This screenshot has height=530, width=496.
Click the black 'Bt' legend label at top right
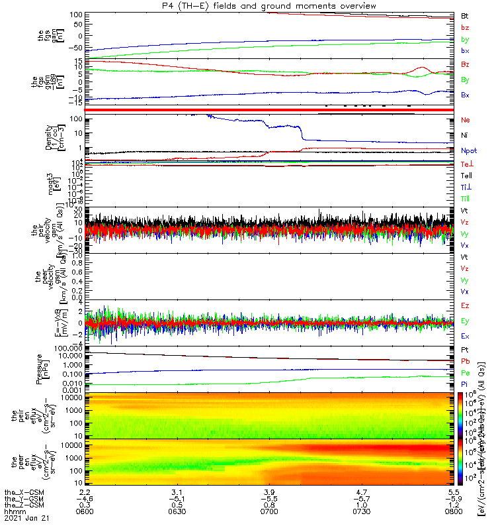[465, 15]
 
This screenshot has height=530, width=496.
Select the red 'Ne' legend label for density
[465, 120]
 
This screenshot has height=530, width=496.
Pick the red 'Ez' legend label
[466, 306]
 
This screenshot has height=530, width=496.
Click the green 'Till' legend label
[466, 198]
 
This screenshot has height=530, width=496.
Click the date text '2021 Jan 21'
[22, 518]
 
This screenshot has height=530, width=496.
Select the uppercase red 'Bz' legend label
[466, 64]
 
